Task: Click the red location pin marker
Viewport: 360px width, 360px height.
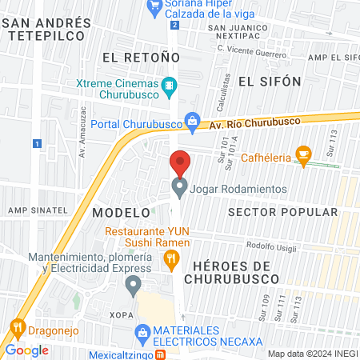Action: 180,163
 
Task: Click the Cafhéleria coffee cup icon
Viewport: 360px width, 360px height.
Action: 302,154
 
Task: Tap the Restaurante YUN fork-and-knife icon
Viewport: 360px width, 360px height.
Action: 170,258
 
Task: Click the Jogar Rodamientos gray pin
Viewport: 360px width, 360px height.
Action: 180,188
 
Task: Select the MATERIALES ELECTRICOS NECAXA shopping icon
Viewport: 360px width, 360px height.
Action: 142,331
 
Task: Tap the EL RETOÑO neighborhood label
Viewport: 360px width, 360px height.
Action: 133,57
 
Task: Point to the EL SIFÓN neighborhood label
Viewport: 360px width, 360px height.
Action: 270,82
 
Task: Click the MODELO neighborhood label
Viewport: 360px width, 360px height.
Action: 121,213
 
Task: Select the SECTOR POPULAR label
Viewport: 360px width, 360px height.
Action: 271,212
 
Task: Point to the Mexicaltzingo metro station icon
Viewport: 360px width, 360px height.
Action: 161,355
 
